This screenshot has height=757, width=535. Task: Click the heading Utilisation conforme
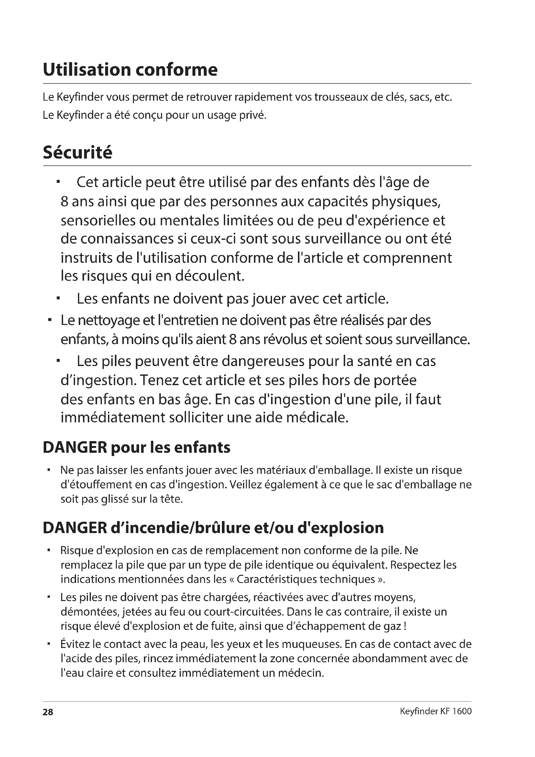[x=130, y=70]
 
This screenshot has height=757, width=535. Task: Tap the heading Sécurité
[x=77, y=152]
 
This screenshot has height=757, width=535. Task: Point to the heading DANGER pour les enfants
[x=136, y=447]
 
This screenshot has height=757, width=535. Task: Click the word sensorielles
[x=98, y=221]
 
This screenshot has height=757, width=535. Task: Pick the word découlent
[x=210, y=276]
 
